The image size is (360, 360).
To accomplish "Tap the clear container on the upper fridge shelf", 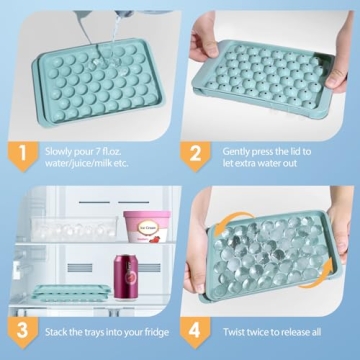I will [x=60, y=227].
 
